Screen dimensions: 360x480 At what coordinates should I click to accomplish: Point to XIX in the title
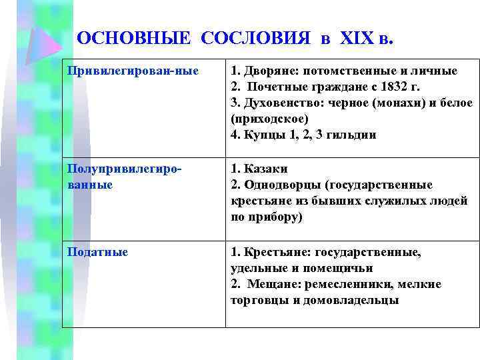pos(357,38)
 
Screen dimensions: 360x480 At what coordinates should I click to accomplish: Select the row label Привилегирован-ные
pos(133,71)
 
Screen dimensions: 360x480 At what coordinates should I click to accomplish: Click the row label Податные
pos(98,253)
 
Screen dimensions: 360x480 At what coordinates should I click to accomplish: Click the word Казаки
pos(265,169)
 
